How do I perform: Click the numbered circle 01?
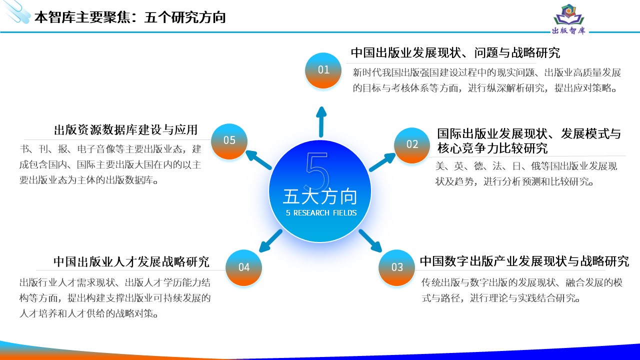click(x=323, y=70)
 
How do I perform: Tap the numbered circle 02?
click(x=411, y=145)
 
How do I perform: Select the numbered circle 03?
click(x=396, y=267)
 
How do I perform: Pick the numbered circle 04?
click(x=243, y=267)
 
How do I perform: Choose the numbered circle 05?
click(x=229, y=141)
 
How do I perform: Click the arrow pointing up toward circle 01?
click(x=321, y=122)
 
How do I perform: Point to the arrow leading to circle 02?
click(x=382, y=162)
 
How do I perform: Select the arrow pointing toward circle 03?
click(x=370, y=240)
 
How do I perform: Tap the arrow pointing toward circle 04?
click(x=270, y=240)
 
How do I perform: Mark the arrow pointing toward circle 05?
click(x=258, y=159)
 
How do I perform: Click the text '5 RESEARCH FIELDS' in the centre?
click(x=321, y=213)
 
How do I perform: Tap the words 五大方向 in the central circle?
click(x=320, y=196)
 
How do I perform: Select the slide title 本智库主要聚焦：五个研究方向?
click(x=130, y=17)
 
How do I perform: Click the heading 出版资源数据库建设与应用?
click(x=125, y=130)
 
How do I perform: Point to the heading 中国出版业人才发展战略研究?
click(x=131, y=261)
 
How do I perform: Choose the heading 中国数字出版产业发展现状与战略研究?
click(x=524, y=261)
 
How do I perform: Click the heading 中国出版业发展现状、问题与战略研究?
click(x=455, y=53)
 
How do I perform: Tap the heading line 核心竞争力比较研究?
click(x=492, y=148)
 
